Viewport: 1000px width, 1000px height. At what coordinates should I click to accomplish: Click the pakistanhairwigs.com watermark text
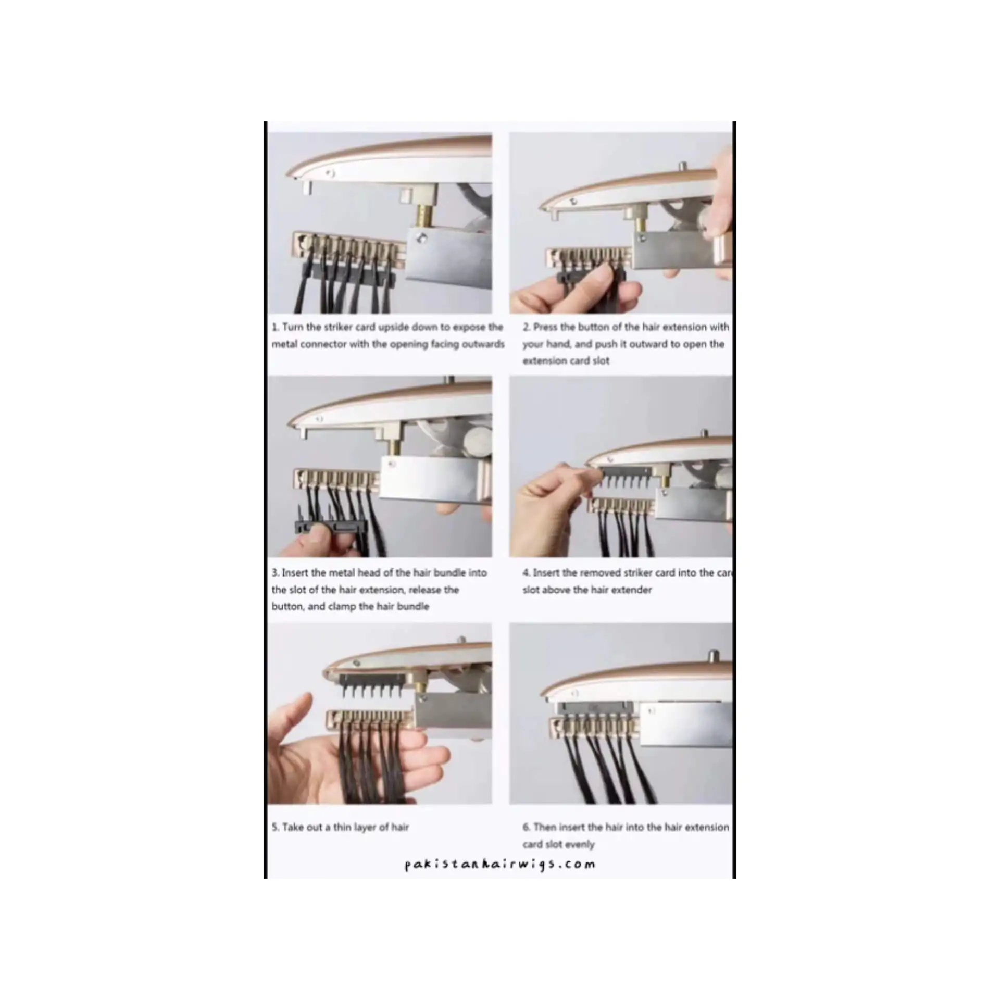499,865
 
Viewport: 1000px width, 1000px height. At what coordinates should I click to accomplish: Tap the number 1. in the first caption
276,327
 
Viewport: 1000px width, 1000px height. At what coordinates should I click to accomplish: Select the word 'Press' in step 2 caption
545,327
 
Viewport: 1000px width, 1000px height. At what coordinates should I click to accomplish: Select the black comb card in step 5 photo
374,681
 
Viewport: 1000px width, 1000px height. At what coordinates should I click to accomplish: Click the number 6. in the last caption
527,827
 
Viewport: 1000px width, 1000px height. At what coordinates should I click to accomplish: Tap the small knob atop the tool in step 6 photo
713,655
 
